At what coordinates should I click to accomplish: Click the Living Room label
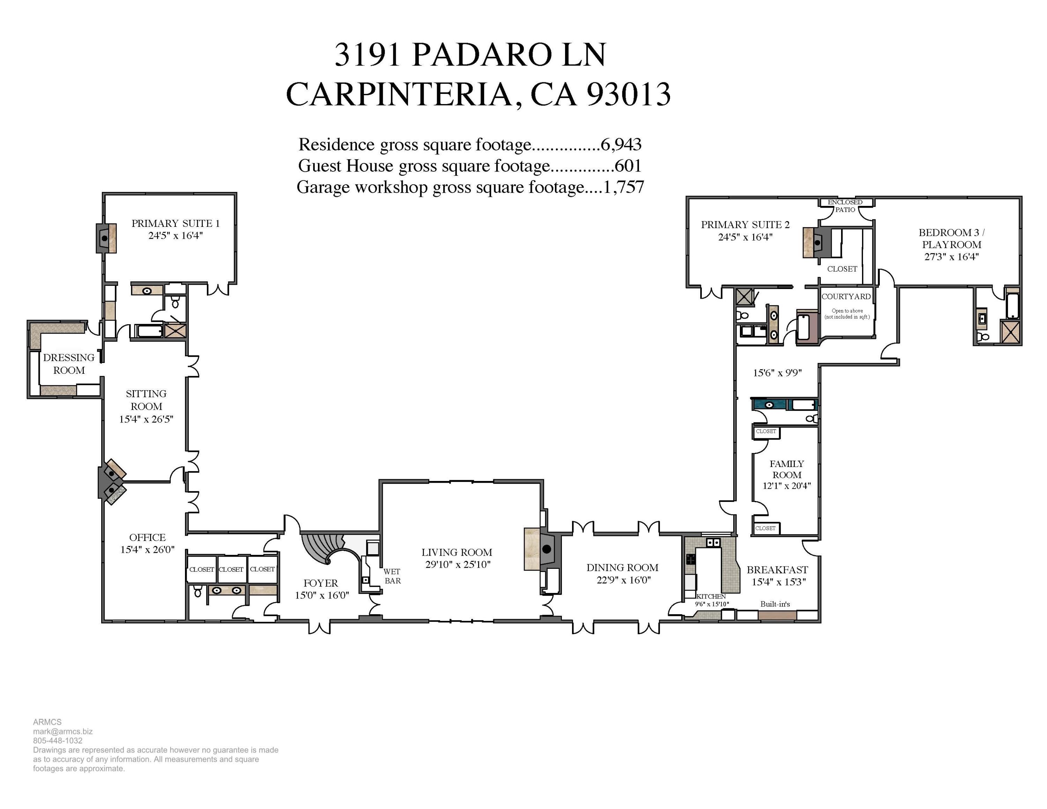[x=457, y=552]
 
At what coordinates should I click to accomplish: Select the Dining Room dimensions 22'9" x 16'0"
[x=623, y=580]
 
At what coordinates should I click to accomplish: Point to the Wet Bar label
[x=392, y=576]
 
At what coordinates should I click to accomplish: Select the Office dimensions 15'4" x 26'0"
[x=147, y=550]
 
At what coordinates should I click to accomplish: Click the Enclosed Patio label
[x=845, y=206]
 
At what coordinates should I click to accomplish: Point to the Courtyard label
[x=846, y=296]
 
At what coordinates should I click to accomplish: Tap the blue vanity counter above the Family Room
[x=770, y=405]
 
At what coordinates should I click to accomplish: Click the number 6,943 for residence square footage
[x=621, y=144]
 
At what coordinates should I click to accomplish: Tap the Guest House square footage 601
[x=628, y=166]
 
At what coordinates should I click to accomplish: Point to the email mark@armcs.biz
[x=63, y=732]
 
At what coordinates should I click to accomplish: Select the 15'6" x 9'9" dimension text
[x=777, y=373]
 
